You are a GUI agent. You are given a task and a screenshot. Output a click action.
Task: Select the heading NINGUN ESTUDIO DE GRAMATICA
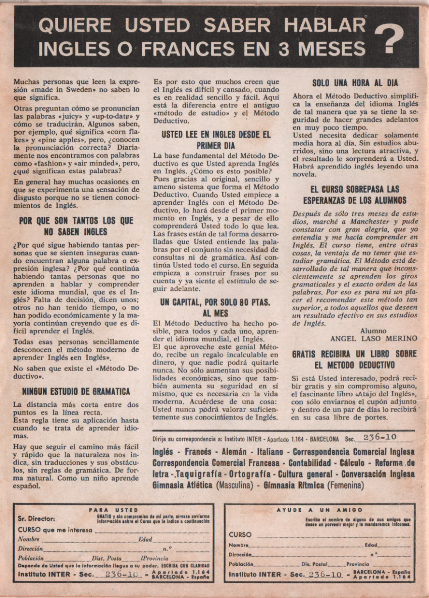tap(76, 391)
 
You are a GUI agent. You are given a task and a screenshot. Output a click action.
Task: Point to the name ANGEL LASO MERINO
tap(374, 338)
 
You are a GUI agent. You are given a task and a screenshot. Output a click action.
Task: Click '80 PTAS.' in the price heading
tap(248, 303)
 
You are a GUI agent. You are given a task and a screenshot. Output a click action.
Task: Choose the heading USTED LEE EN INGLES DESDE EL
tap(216, 135)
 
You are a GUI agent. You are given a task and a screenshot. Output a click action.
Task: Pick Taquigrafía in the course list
tap(200, 474)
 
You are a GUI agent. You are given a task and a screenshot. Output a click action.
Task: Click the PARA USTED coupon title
tap(113, 510)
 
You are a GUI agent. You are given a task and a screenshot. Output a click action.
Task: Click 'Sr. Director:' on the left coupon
tap(36, 519)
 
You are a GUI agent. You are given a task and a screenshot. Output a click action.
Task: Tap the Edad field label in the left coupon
tap(145, 540)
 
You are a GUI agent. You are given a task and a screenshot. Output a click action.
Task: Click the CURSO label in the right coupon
tap(240, 534)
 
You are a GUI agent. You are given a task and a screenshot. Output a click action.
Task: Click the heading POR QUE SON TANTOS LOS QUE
tap(76, 221)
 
